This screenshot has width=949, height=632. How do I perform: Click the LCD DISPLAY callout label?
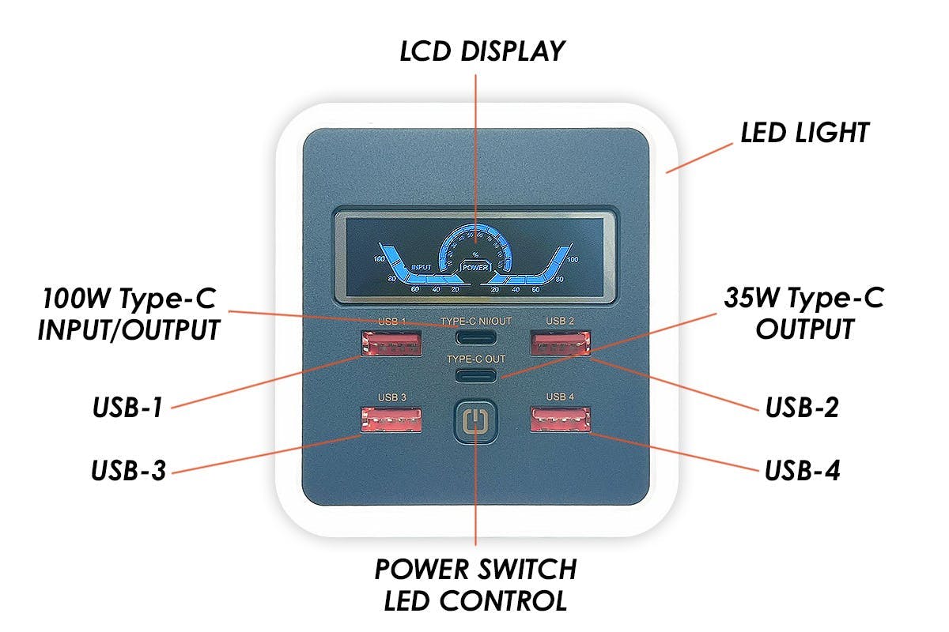(x=482, y=51)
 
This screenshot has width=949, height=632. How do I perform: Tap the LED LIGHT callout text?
(x=804, y=133)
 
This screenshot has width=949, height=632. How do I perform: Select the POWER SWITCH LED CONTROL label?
(x=475, y=585)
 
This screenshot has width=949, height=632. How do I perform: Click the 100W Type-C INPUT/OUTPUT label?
(x=128, y=314)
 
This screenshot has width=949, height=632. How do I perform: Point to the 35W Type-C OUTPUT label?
(x=803, y=313)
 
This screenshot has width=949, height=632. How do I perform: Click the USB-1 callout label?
(x=128, y=408)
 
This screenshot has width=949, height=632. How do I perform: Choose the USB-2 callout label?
(x=802, y=408)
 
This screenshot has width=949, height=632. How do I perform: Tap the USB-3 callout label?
(x=128, y=472)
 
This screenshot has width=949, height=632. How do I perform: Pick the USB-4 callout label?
(x=802, y=472)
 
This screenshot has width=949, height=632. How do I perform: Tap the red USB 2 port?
(x=560, y=344)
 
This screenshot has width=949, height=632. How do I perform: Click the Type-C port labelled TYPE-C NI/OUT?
(x=476, y=338)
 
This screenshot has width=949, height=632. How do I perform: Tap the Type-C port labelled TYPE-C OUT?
(x=476, y=374)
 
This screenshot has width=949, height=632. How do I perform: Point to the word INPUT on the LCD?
(x=422, y=267)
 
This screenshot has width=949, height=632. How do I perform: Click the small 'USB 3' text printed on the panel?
(x=391, y=397)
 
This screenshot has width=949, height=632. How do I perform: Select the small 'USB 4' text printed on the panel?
(x=559, y=397)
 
